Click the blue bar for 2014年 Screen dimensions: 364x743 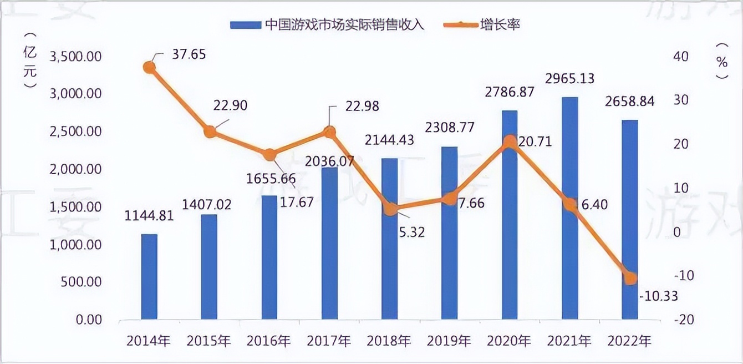[x=149, y=276]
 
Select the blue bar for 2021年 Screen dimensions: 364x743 [x=569, y=208]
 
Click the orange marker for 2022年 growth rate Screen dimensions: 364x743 [x=630, y=278]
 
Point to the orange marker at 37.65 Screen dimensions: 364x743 [x=149, y=67]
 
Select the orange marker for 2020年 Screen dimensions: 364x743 [x=510, y=141]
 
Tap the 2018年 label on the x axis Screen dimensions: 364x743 [x=389, y=340]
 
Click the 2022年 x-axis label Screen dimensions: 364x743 [x=630, y=340]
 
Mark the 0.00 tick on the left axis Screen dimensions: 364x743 [x=89, y=320]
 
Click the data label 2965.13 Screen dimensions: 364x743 [x=569, y=78]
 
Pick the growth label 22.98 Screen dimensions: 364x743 [x=361, y=107]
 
